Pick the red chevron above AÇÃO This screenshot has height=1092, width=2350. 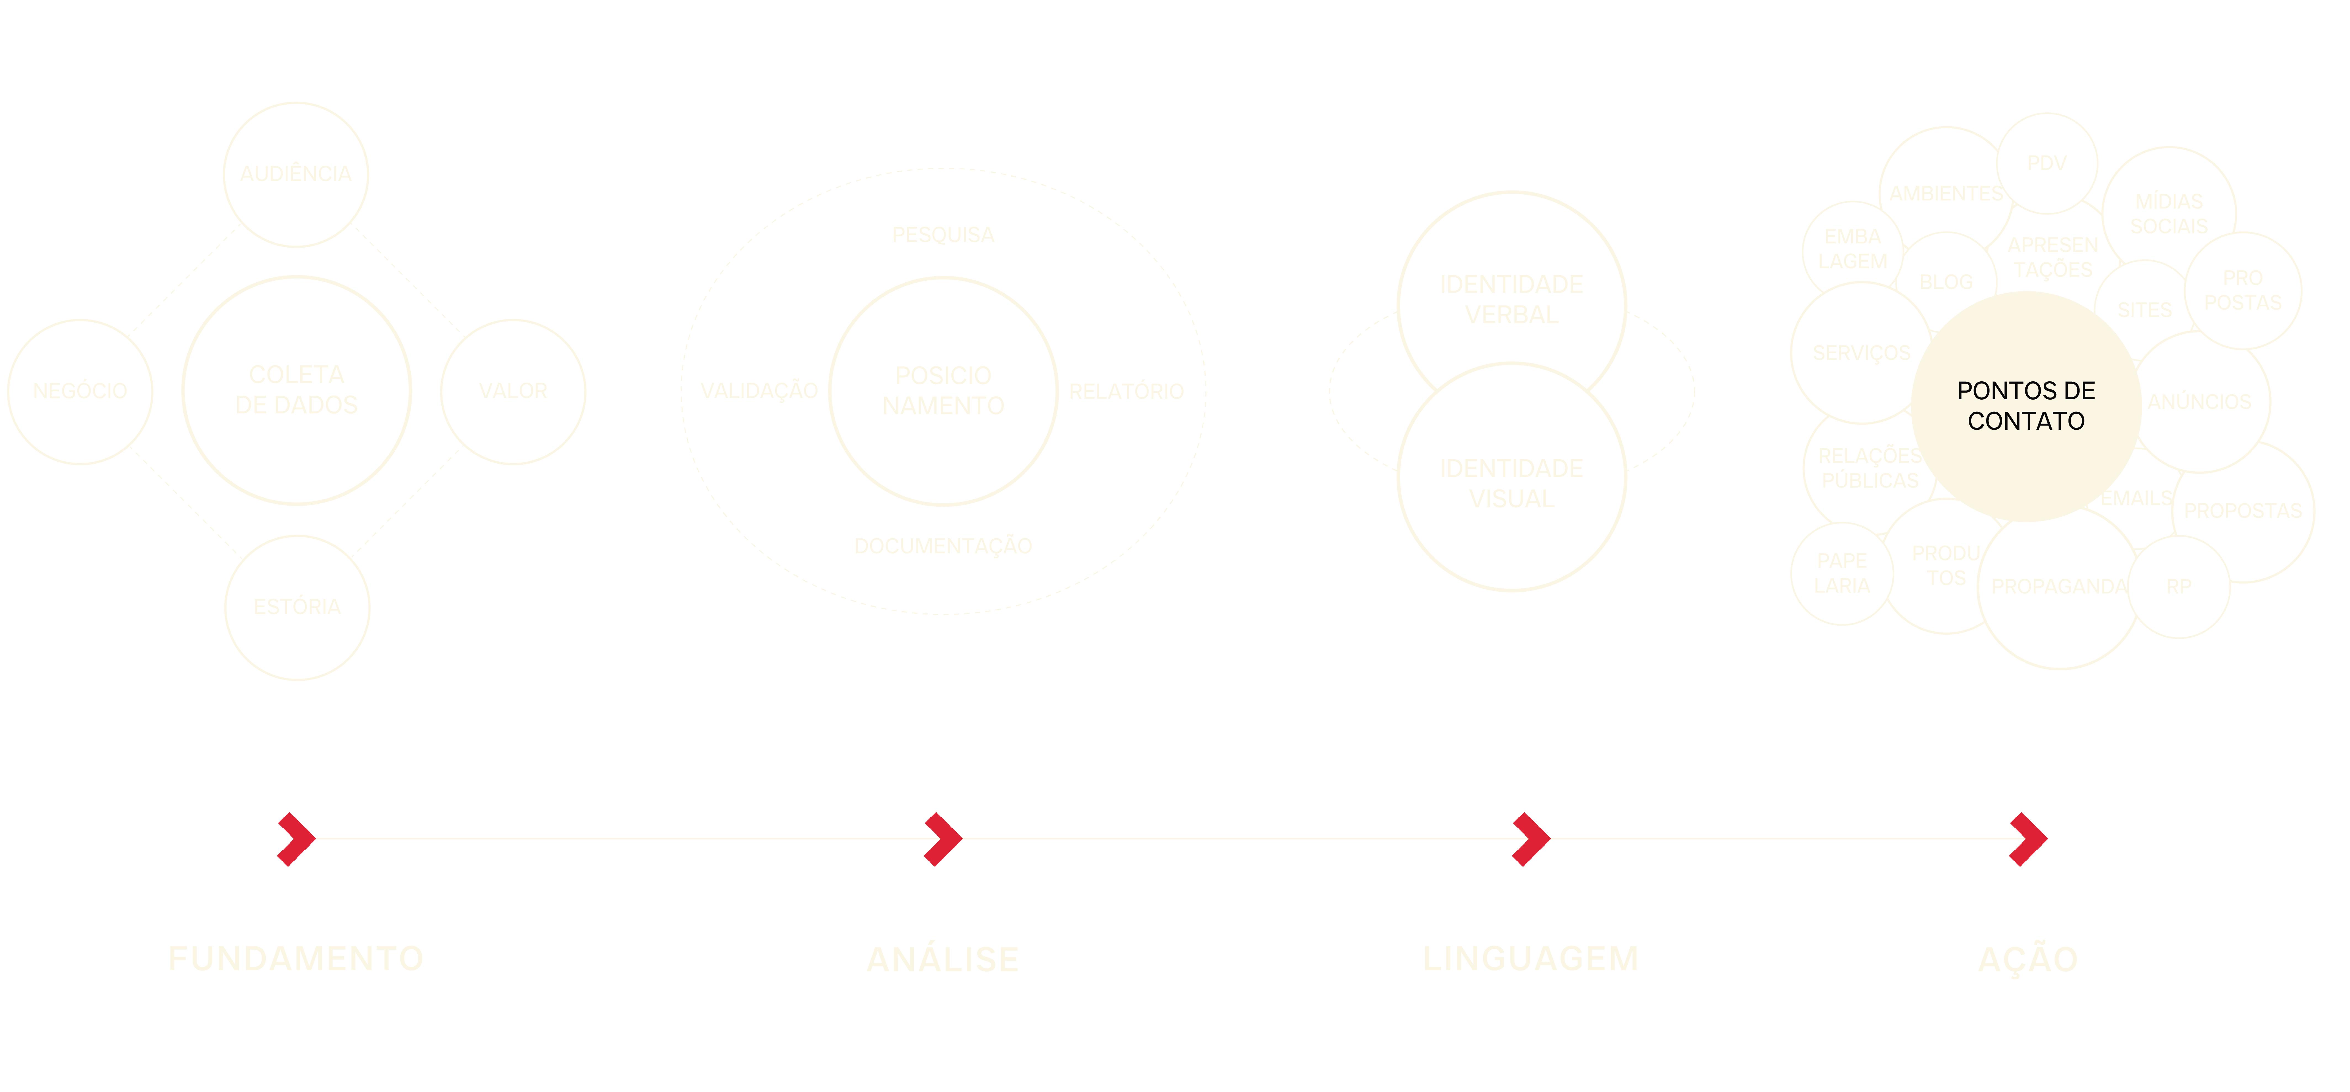coord(2028,838)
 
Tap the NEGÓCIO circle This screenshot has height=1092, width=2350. coord(80,391)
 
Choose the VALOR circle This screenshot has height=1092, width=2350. coord(513,391)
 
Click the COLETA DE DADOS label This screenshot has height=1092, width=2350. coord(296,390)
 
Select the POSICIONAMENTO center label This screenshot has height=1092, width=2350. coord(943,390)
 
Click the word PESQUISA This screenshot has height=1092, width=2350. coord(943,235)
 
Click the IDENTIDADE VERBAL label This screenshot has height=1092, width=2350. coord(1512,299)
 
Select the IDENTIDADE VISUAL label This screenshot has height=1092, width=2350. coord(1512,483)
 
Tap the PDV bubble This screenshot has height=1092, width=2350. coord(2047,163)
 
